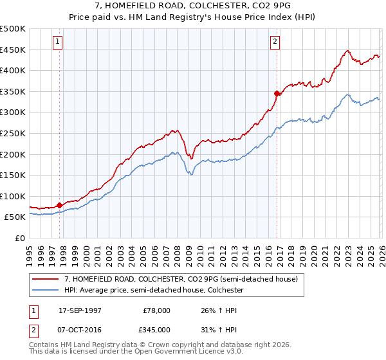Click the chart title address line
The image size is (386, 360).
coord(192,5)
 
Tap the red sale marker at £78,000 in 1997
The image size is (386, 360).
coord(60,205)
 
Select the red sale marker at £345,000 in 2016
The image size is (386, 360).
coord(277,93)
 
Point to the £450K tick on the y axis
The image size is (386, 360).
coord(14,50)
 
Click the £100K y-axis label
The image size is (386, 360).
coord(14,196)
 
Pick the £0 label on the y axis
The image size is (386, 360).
coord(20,238)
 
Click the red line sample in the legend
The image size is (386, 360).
coord(46,280)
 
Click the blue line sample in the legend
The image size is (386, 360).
coord(46,291)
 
